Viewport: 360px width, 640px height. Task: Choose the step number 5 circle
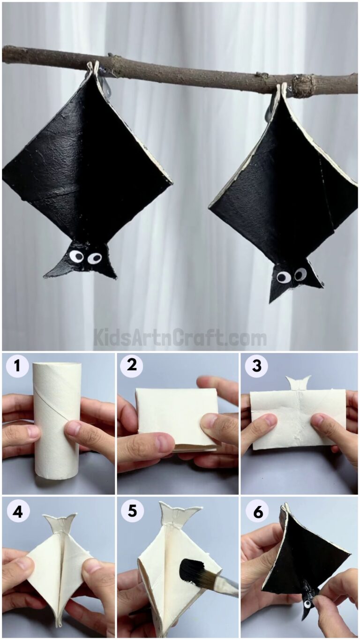coord(132,511)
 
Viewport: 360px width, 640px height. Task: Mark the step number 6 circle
coord(256,511)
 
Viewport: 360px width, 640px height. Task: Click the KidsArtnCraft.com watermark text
coord(180,338)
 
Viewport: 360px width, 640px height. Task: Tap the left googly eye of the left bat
coord(76,256)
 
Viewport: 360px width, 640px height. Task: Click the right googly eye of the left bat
coord(95,258)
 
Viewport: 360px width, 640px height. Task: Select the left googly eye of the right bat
coord(283,277)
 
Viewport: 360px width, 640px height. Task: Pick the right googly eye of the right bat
coord(300,274)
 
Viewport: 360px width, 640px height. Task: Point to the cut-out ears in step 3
coord(299,383)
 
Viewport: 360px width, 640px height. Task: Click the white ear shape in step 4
coord(60,523)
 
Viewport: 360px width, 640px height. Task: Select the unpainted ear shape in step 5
coord(179,514)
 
